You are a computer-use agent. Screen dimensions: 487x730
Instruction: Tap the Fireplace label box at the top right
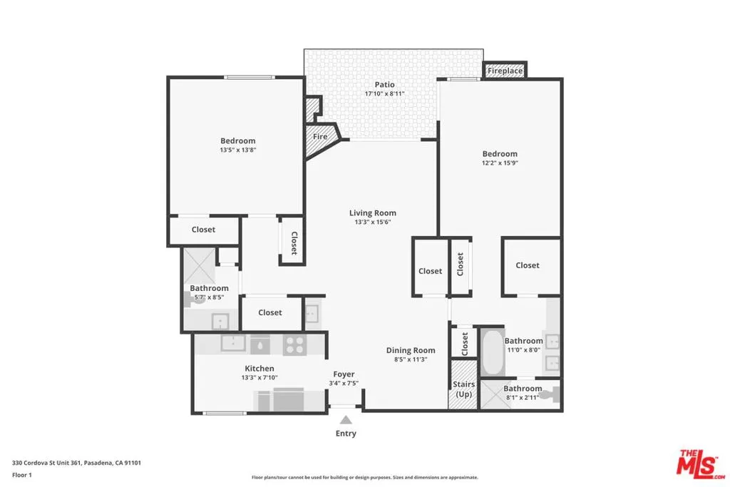[x=505, y=71]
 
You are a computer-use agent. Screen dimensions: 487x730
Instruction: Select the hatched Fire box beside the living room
[x=320, y=136]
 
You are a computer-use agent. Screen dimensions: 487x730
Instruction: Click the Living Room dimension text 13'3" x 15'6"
[x=373, y=222]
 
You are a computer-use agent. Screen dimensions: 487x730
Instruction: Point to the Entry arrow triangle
[x=346, y=420]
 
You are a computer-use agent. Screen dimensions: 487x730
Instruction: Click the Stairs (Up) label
[x=463, y=389]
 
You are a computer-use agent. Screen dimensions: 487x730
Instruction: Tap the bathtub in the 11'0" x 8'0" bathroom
[x=493, y=352]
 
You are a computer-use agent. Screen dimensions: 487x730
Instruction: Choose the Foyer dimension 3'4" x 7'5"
[x=344, y=384]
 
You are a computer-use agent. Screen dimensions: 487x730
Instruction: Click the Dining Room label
[x=411, y=350]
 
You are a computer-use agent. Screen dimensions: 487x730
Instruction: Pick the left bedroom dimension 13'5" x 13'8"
[x=237, y=150]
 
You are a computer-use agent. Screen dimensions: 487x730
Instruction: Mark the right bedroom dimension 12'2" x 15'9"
[x=500, y=163]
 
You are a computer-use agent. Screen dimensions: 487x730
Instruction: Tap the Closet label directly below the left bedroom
[x=203, y=230]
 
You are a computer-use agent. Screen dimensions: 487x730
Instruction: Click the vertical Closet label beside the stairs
[x=465, y=344]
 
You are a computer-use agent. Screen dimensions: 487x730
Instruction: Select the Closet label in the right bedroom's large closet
[x=528, y=265]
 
